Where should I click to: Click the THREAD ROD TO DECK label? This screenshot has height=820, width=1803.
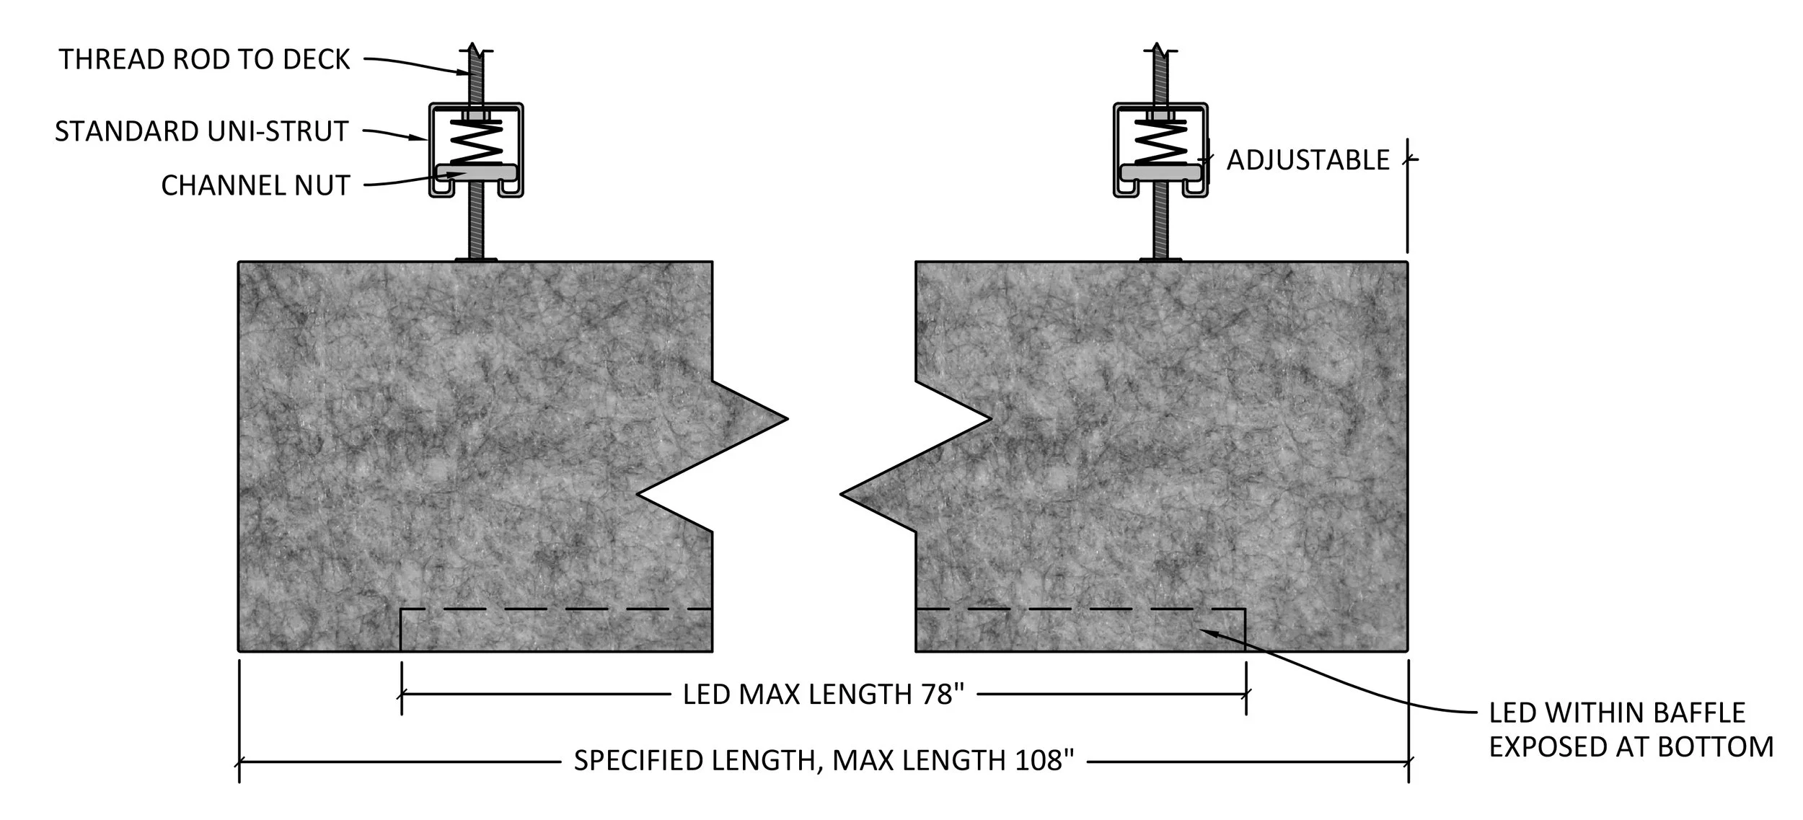point(204,59)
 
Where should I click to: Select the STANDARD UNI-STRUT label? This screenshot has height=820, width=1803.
point(202,131)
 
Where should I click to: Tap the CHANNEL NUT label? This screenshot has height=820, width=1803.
point(255,185)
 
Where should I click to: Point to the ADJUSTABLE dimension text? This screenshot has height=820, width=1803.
point(1308,160)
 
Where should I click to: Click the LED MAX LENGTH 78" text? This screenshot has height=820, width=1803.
point(823,694)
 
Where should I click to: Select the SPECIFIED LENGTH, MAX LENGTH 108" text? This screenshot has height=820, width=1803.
point(824,760)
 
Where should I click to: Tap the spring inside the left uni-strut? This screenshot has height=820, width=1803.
point(476,143)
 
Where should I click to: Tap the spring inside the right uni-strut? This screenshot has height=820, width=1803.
point(1160,143)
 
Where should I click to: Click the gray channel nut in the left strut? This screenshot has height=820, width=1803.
point(476,172)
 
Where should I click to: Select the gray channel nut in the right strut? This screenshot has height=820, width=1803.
point(1160,172)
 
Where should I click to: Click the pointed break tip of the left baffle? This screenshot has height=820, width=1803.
point(784,418)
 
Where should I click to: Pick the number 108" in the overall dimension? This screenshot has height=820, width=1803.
point(1044,760)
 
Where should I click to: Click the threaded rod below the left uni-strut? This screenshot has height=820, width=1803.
point(476,227)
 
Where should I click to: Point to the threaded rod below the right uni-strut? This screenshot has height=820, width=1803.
point(1160,227)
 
